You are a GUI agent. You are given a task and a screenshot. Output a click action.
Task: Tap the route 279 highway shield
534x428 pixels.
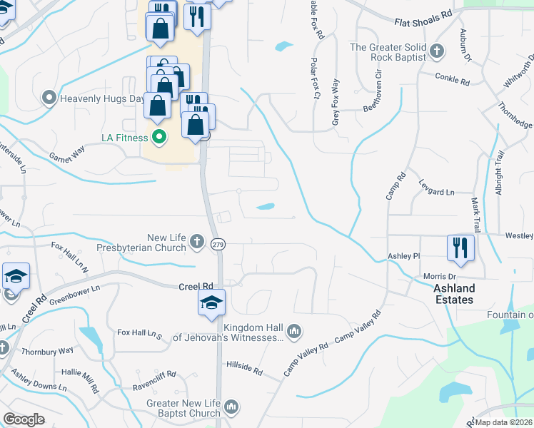coord(217,245)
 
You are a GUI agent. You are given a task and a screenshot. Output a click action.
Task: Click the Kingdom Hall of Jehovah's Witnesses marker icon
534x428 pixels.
coord(293,331)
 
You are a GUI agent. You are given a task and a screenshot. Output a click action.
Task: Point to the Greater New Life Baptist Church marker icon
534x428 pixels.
coord(231,407)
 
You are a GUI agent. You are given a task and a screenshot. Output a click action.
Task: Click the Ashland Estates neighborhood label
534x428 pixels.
coord(454,294)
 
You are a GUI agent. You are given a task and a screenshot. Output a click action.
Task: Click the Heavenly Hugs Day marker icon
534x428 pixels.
coord(49,97)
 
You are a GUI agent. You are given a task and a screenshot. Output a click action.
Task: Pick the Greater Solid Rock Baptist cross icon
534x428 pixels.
coord(437,51)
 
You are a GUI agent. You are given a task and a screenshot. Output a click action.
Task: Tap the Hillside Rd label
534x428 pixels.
coord(245,372)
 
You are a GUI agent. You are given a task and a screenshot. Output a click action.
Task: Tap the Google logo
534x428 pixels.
coord(24,419)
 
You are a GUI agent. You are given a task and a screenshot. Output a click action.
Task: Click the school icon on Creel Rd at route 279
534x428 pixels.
coord(211,302)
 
